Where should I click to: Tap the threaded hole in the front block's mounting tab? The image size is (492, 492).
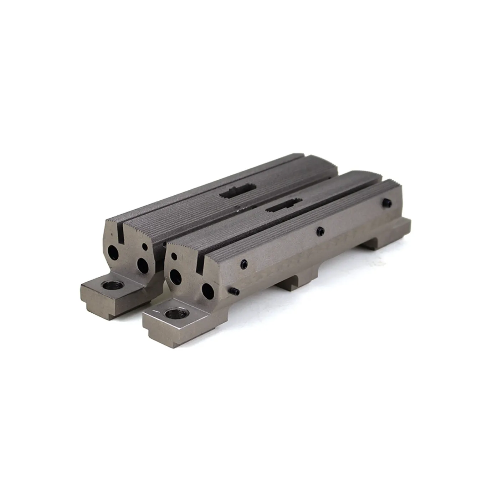174,315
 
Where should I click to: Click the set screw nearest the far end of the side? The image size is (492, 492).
387,203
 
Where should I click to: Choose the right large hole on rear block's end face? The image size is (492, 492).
143,265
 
